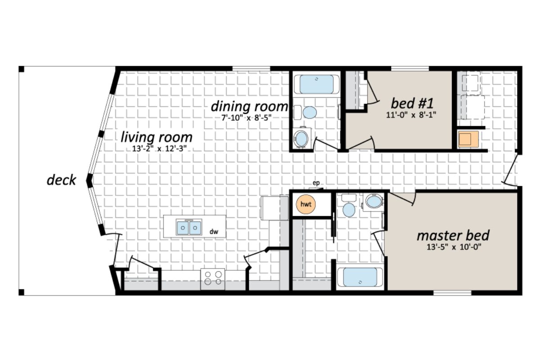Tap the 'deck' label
pos(61,180)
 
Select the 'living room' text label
pos(157,137)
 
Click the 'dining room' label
pos(249,107)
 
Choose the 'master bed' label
pos(453,235)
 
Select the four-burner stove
pos(212,277)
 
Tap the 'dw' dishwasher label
pos(214,232)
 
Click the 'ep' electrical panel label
pos(316,183)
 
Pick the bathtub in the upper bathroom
pos(317,84)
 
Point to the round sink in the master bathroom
pos(348,209)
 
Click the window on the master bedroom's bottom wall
pos(452,293)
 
